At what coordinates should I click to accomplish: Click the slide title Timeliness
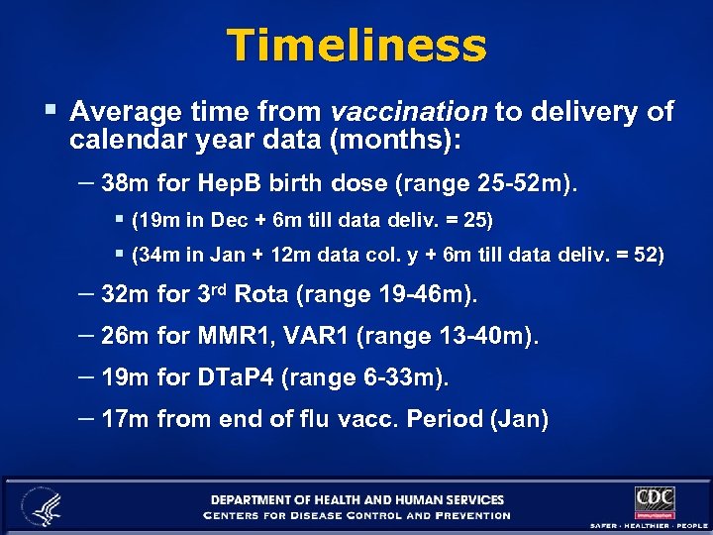pos(356,46)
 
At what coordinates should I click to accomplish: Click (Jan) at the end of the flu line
pos(519,419)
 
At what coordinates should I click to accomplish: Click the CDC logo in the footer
pos(654,501)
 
